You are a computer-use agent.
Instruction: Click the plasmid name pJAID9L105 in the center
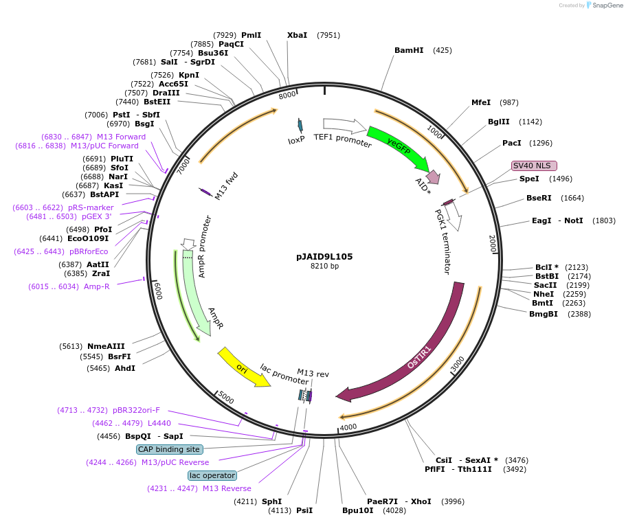(x=324, y=256)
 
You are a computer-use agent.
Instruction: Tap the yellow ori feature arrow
(x=242, y=366)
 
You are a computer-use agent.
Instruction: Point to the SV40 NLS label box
(x=534, y=166)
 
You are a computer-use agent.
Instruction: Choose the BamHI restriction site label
(x=409, y=50)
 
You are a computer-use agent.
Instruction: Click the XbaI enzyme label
(x=298, y=35)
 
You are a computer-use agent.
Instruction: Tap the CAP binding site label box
(x=169, y=449)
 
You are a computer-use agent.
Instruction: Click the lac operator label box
(x=212, y=475)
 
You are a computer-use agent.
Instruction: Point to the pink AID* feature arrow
(x=433, y=177)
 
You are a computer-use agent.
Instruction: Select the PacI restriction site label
(x=512, y=143)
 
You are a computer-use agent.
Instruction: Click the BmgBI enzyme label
(x=544, y=314)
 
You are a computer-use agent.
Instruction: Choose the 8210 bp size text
(x=324, y=266)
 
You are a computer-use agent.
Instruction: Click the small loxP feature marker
(x=300, y=124)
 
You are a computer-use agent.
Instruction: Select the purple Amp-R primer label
(x=96, y=286)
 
